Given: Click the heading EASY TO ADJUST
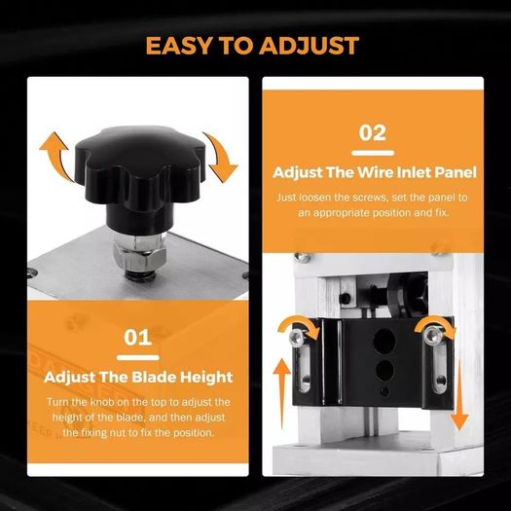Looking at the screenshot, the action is tap(252, 46).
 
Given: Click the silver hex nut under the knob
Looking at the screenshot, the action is tap(140, 252).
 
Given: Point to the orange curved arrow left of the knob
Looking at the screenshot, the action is tap(56, 157).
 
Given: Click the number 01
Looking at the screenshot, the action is tap(137, 338).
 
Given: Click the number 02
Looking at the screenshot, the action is tap(373, 132).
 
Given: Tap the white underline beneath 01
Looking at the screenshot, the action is tap(138, 357).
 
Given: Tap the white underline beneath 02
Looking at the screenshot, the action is tap(373, 153).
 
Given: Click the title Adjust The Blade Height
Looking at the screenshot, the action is tap(138, 377).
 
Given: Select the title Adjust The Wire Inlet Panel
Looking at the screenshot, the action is tap(375, 172).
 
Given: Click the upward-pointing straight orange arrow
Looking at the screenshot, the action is tap(281, 393).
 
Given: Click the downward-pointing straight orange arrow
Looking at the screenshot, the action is tap(459, 394).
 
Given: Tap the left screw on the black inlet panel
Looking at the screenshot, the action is tap(297, 336).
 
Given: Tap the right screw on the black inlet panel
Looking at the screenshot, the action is tap(432, 335).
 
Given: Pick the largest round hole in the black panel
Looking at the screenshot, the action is tap(384, 341).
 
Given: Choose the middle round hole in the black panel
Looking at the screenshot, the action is tap(384, 370).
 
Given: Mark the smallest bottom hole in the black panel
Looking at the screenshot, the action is tap(384, 391).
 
